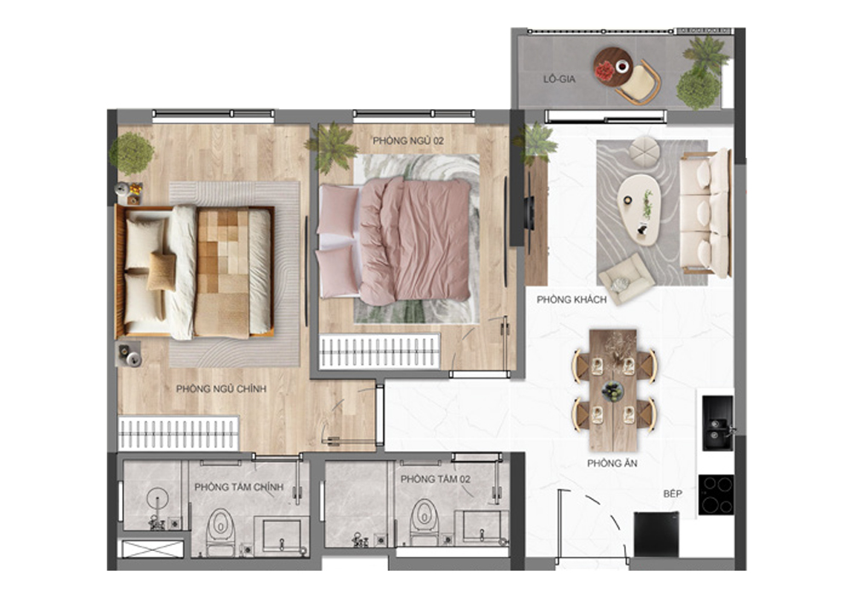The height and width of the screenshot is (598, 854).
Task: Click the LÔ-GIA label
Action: (x=560, y=79)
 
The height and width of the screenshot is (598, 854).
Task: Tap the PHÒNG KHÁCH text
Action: (x=571, y=300)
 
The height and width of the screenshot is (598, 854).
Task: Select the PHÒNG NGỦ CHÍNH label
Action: (x=221, y=390)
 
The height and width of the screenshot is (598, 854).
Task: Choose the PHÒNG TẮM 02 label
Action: (x=435, y=480)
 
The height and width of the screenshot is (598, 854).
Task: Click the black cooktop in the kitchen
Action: (x=715, y=494)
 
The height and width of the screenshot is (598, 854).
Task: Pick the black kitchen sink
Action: (x=716, y=420)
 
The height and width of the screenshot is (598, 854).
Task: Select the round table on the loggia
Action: (x=613, y=65)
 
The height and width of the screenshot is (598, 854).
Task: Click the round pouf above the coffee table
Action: (x=643, y=151)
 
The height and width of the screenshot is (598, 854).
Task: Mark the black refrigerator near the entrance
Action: (x=656, y=534)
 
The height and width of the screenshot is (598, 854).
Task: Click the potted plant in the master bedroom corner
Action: (x=132, y=154)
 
